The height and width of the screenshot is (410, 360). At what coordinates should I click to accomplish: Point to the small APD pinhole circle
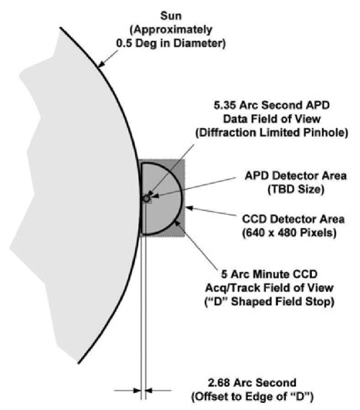pyautogui.click(x=147, y=199)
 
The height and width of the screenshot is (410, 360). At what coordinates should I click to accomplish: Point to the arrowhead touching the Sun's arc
pyautogui.click(x=100, y=63)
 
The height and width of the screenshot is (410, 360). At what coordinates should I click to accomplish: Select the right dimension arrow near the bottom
pyautogui.click(x=149, y=389)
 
